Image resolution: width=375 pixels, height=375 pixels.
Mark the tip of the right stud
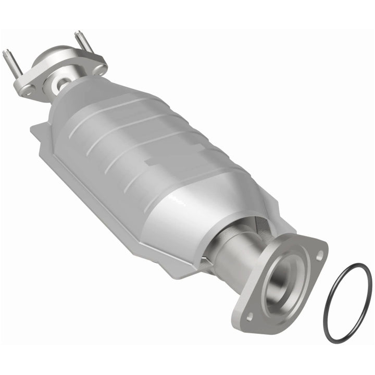(77, 33)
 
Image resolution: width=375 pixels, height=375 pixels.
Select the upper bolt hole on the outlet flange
(319, 255)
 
